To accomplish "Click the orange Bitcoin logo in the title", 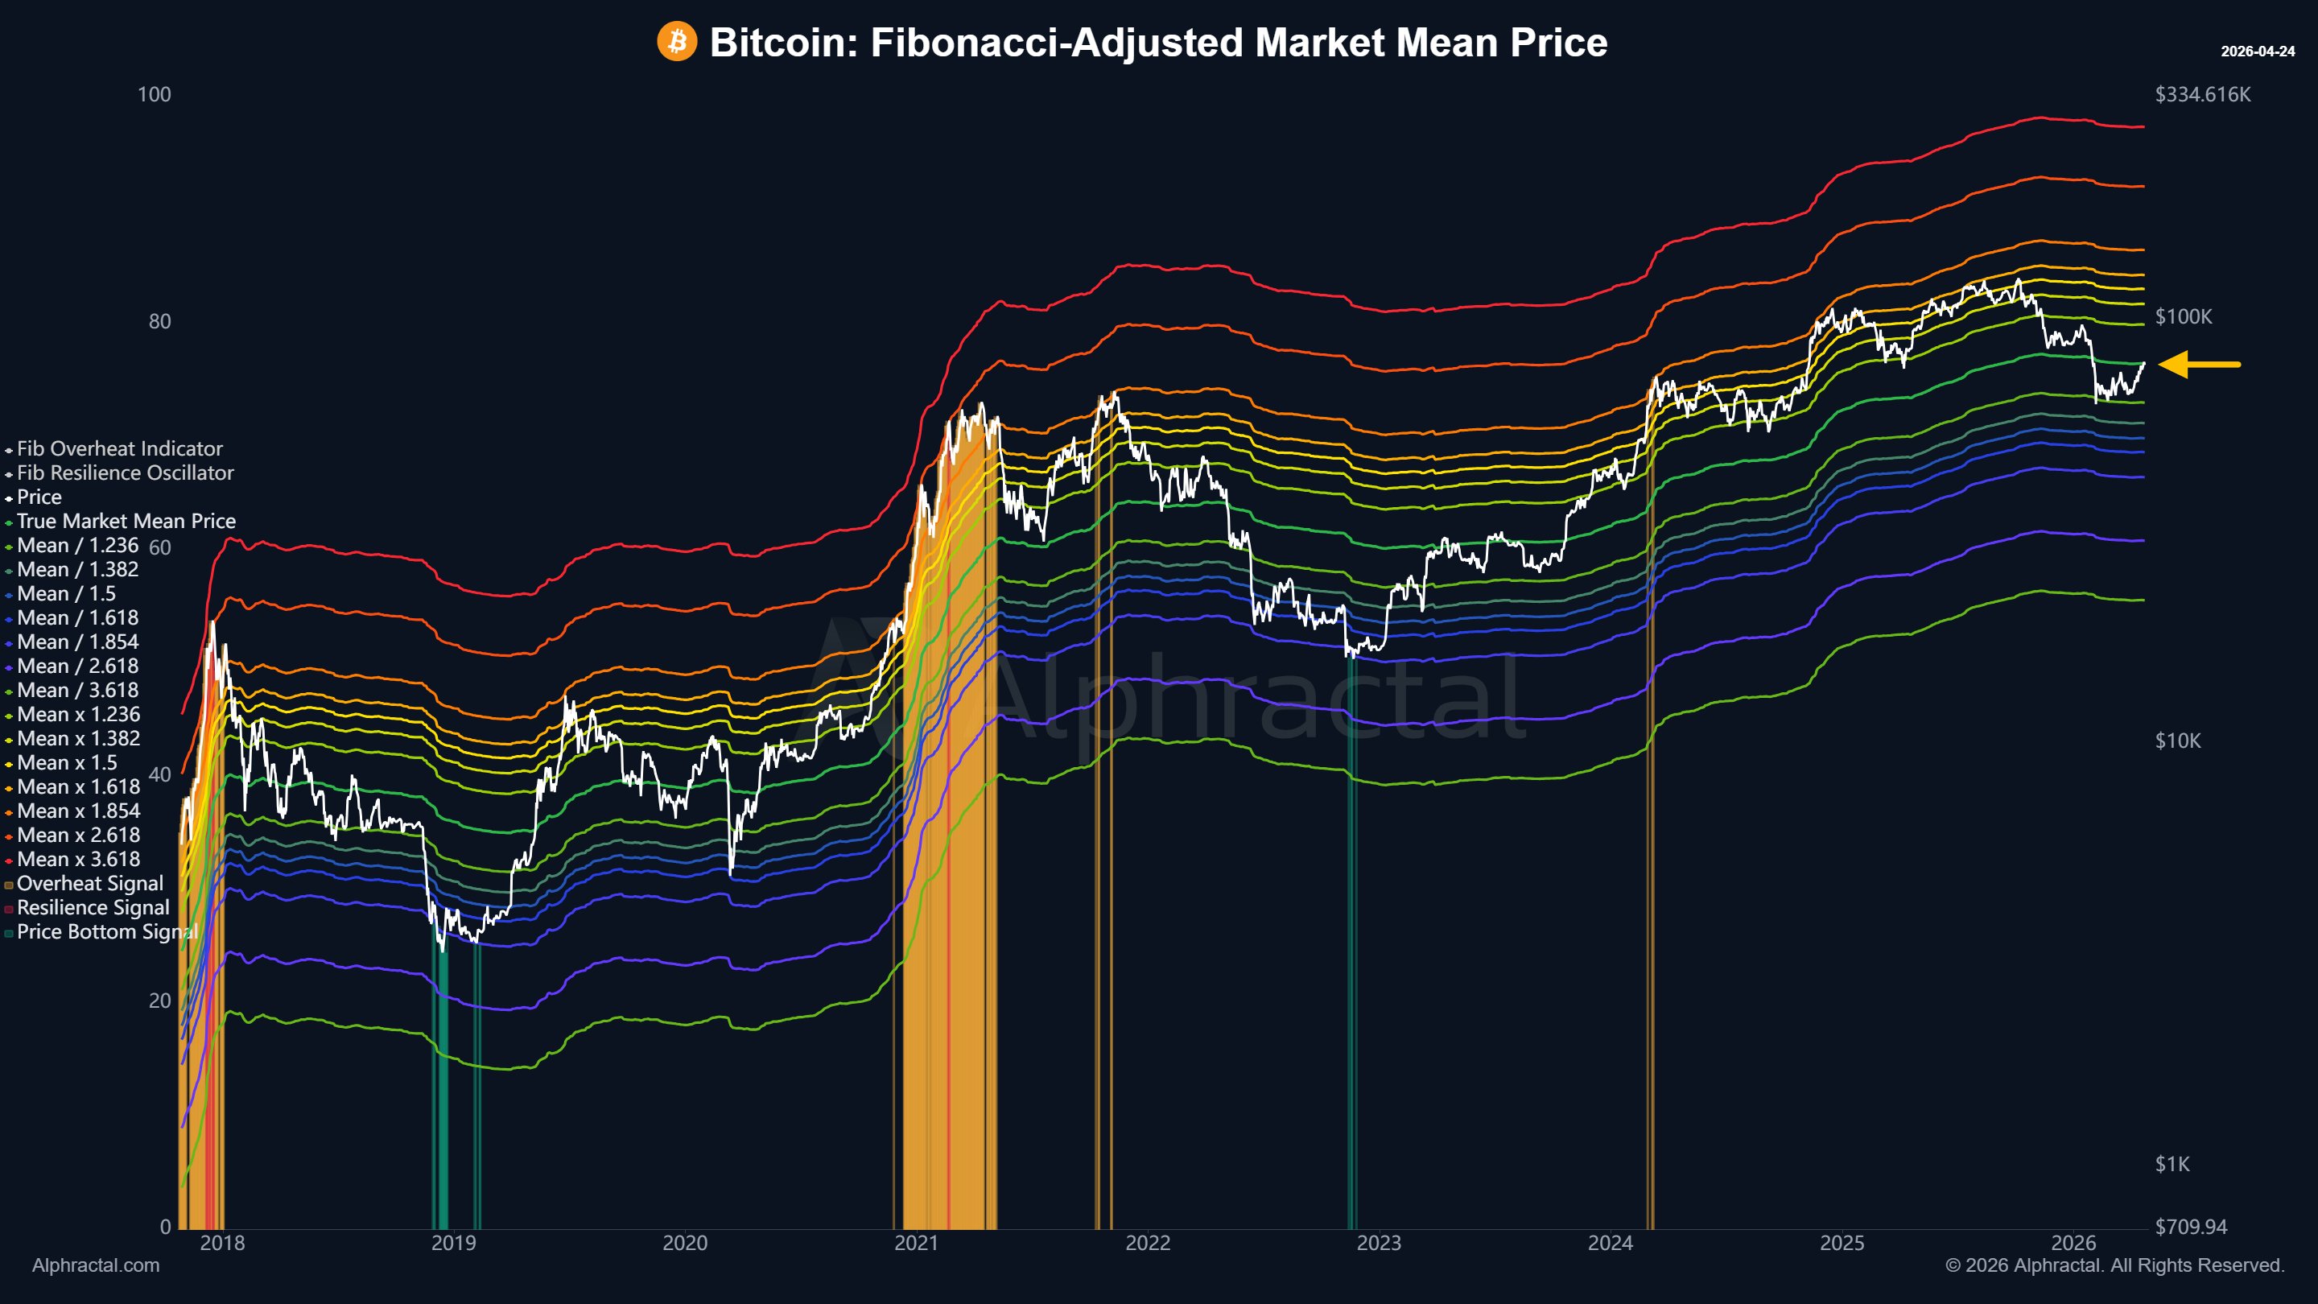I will [x=677, y=41].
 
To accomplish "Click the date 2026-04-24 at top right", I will [x=2257, y=52].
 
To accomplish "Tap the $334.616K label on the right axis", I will [x=2202, y=94].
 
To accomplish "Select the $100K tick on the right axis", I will [x=2183, y=317].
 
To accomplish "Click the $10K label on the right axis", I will [x=2178, y=741].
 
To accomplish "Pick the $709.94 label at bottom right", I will [x=2190, y=1227].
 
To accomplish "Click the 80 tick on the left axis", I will [x=159, y=321].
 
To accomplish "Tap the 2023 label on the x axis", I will [x=1379, y=1243].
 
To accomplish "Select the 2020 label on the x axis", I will [x=685, y=1243].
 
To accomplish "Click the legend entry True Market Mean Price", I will [x=126, y=521].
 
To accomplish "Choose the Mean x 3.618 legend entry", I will [x=78, y=860].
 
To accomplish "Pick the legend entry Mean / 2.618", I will [x=77, y=666].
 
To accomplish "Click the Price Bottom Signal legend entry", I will [x=106, y=931].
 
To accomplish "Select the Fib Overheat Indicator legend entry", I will [x=119, y=448].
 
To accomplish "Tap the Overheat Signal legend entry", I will [x=90, y=884].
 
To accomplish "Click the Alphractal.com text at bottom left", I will [x=96, y=1265].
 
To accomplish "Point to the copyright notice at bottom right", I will [x=2114, y=1265].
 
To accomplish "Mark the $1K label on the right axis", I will [x=2172, y=1164].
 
